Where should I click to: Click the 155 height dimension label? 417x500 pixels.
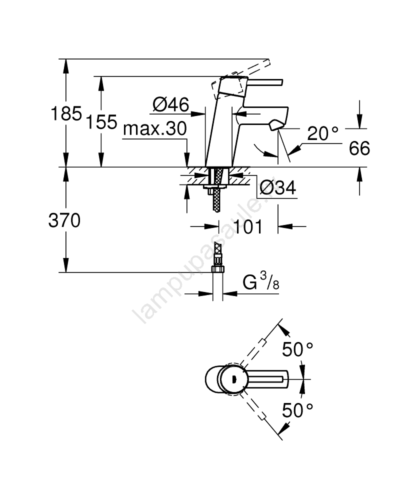pyautogui.click(x=101, y=122)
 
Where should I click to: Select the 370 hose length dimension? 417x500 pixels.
pyautogui.click(x=64, y=220)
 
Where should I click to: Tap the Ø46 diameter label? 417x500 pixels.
pyautogui.click(x=170, y=104)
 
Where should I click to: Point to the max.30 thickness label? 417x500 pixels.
pyautogui.click(x=155, y=129)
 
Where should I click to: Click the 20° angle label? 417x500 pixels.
pyautogui.click(x=322, y=133)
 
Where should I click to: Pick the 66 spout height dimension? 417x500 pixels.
pyautogui.click(x=359, y=148)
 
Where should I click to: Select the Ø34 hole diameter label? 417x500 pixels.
pyautogui.click(x=277, y=187)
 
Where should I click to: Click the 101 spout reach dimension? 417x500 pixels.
pyautogui.click(x=248, y=226)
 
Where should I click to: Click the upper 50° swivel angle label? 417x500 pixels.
pyautogui.click(x=297, y=349)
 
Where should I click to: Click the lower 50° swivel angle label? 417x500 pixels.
pyautogui.click(x=297, y=410)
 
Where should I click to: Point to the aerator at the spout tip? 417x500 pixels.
pyautogui.click(x=275, y=125)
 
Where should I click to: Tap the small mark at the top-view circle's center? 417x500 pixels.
pyautogui.click(x=233, y=379)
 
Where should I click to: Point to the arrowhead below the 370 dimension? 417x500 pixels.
pyautogui.click(x=66, y=264)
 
